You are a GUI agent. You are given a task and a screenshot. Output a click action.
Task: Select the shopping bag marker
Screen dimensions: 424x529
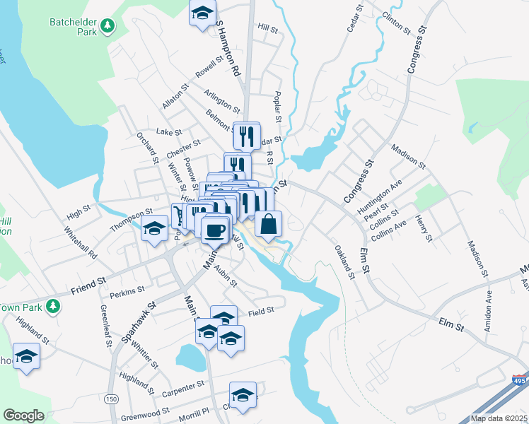pyautogui.click(x=268, y=225)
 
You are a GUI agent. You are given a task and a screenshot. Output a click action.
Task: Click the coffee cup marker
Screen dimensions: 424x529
pyautogui.click(x=215, y=229)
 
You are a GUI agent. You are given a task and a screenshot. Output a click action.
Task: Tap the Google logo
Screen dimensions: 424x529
pyautogui.click(x=23, y=416)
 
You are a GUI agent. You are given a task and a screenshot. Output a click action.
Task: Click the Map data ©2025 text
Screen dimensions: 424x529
pyautogui.click(x=499, y=418)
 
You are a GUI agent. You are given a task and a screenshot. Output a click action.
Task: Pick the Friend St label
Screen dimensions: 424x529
pyautogui.click(x=88, y=285)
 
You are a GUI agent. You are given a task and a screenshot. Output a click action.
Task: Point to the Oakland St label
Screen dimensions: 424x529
pyautogui.click(x=344, y=261)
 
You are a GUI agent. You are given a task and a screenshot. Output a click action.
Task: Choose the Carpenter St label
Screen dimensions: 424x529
pyautogui.click(x=182, y=384)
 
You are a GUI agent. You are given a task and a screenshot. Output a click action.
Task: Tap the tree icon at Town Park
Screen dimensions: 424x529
pyautogui.click(x=52, y=306)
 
